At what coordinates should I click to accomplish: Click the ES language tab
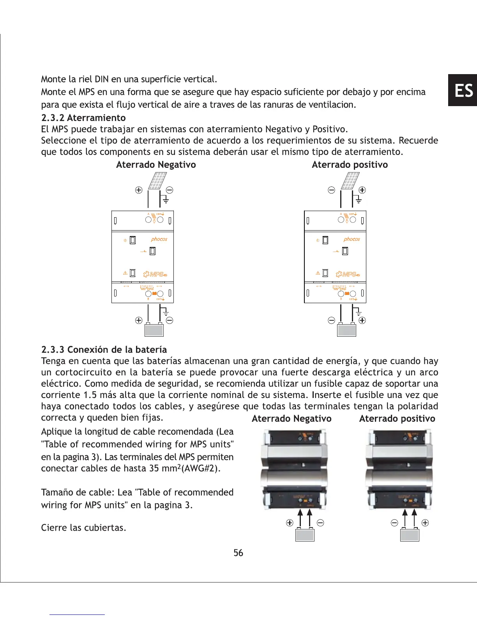tap(463, 90)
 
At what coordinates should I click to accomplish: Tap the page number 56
tap(238, 552)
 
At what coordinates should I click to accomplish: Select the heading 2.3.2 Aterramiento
tap(83, 118)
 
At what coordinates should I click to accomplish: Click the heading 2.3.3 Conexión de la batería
tap(104, 350)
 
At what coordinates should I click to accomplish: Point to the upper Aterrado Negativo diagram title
tap(156, 165)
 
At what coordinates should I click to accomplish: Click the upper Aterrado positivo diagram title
tap(350, 165)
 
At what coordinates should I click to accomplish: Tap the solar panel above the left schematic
tap(157, 181)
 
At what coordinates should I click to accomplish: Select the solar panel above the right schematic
tap(350, 181)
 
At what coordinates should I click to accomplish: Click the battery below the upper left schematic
tap(154, 330)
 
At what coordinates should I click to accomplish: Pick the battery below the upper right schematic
tap(346, 330)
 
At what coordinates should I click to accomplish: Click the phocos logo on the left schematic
tap(159, 239)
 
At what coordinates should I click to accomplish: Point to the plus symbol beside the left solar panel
tap(138, 190)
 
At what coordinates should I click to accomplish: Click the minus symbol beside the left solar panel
tap(170, 190)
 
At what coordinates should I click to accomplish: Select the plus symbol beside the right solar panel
tap(362, 190)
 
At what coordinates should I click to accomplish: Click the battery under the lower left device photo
tap(305, 535)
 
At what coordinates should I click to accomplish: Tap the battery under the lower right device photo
tap(410, 535)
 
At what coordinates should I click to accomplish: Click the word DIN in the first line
tap(102, 79)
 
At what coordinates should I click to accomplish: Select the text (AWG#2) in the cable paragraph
tap(201, 468)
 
